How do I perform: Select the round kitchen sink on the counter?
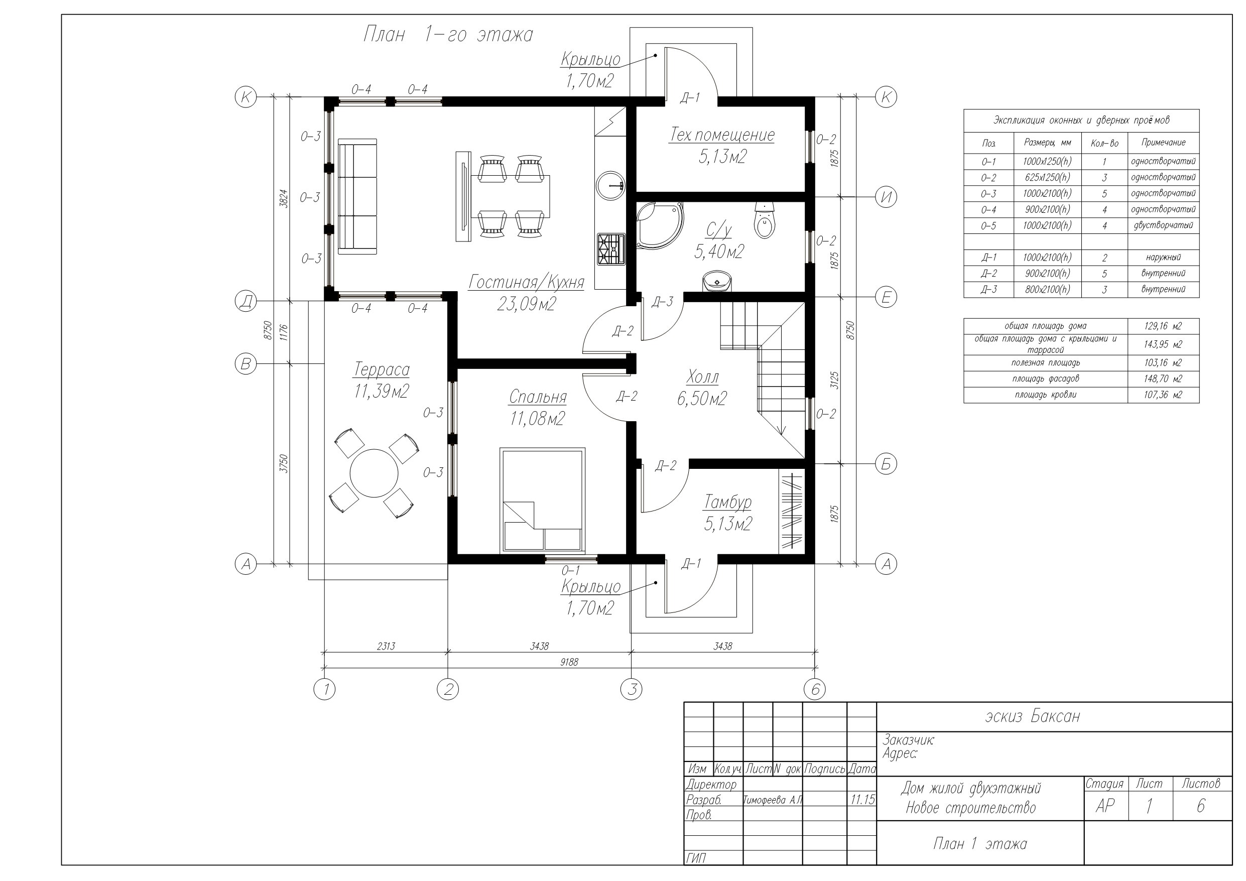611,186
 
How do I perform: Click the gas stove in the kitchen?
611,249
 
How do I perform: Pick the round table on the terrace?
374,473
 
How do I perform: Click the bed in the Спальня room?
542,500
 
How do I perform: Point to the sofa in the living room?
357,196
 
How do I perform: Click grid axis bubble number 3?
631,689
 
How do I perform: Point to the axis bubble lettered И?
886,197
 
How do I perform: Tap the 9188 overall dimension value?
569,662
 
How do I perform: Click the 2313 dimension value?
386,646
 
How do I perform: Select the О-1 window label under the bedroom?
570,570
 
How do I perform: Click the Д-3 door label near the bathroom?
662,302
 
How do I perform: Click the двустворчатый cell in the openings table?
1163,225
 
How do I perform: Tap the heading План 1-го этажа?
448,35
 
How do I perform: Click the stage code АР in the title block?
1105,806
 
